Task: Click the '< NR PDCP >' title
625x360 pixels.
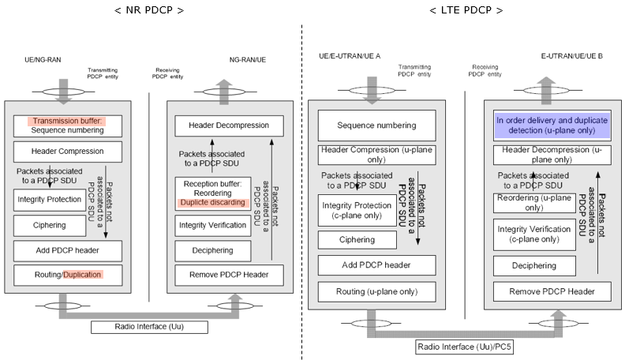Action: click(x=149, y=10)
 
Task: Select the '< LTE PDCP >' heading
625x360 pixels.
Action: click(x=466, y=10)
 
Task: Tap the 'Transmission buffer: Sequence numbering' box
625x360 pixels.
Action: click(x=68, y=126)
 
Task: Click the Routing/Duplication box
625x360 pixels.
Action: click(x=68, y=275)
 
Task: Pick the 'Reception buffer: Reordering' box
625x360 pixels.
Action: click(x=213, y=193)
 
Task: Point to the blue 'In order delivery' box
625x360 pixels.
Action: click(x=552, y=126)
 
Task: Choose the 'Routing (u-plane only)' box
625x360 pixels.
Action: click(x=376, y=292)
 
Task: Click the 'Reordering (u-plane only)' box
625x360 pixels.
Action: click(x=534, y=203)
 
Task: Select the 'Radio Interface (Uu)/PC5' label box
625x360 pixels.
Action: click(x=464, y=347)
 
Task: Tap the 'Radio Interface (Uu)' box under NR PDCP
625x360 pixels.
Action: click(x=149, y=327)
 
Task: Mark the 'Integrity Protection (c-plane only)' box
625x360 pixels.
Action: click(x=357, y=211)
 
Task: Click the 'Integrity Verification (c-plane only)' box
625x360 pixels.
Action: click(x=534, y=234)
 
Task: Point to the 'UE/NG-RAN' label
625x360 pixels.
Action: click(x=43, y=60)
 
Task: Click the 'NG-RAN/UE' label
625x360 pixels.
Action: click(x=248, y=60)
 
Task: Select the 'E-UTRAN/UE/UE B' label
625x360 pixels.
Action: click(x=571, y=56)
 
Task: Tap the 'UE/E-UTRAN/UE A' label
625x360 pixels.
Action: click(x=350, y=56)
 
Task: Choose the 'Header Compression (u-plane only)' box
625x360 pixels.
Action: click(x=376, y=155)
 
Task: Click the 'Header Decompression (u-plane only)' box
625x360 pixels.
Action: click(x=552, y=155)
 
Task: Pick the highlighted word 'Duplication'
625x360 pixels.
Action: click(x=83, y=275)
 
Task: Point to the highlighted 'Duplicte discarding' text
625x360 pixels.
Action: click(x=213, y=203)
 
